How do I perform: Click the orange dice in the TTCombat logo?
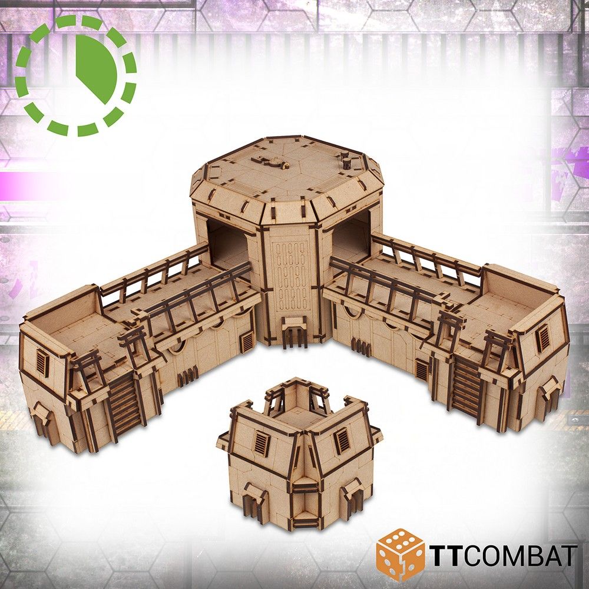(400, 554)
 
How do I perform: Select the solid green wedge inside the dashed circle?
(98, 68)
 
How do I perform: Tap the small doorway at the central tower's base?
(294, 333)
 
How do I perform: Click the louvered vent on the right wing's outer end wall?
(543, 338)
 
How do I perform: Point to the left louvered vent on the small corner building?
(262, 442)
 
